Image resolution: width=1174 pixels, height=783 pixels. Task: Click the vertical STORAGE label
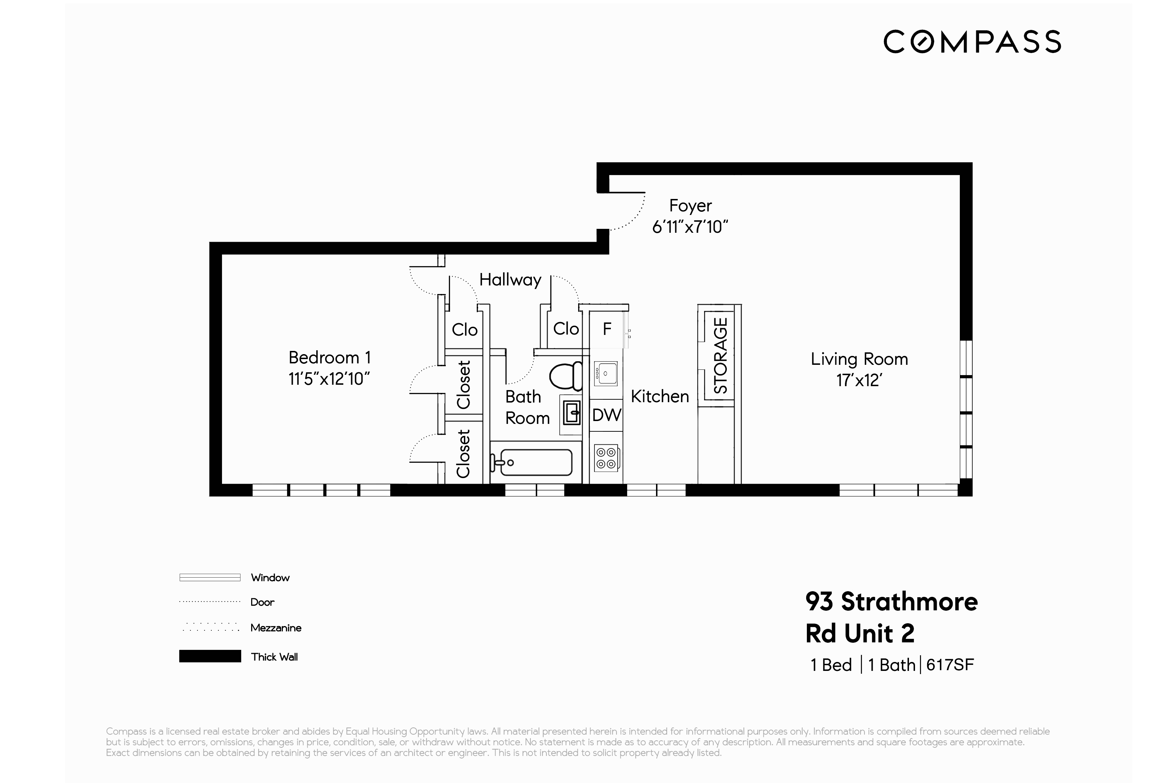pos(720,356)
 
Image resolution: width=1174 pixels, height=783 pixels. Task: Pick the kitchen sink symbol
pos(605,373)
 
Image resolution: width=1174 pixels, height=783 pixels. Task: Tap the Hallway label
pos(510,280)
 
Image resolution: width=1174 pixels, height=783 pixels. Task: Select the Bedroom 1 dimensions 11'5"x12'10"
pos(329,379)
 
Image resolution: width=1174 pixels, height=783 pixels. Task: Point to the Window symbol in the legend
pos(210,577)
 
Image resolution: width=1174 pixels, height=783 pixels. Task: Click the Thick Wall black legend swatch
pos(210,656)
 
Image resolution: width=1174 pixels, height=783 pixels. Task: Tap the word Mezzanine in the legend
pos(275,628)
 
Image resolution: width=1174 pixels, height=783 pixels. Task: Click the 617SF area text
pos(950,664)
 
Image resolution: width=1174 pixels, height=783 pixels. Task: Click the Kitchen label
pos(659,396)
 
